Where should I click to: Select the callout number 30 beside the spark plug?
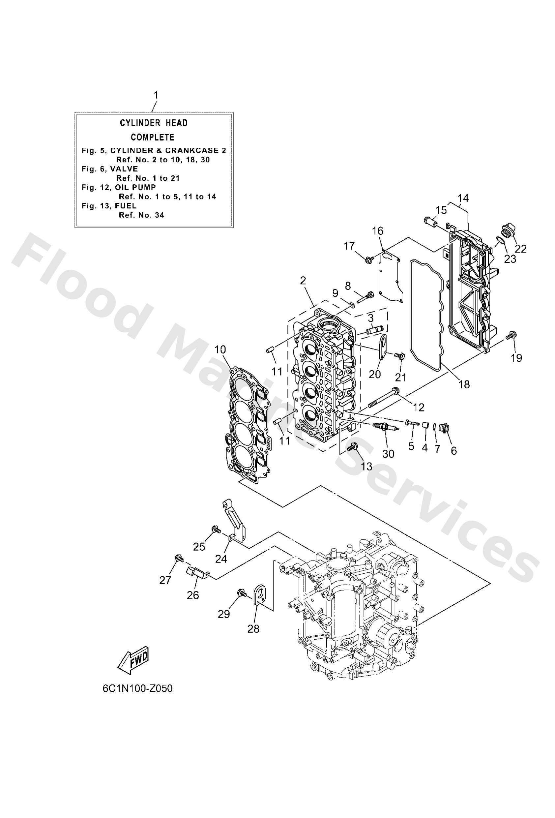coord(388,454)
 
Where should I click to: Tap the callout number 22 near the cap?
coord(520,249)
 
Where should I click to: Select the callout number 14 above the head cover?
coord(463,198)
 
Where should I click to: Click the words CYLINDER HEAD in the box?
coord(154,123)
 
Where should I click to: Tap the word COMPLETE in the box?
coord(152,137)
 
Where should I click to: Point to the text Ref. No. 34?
coord(141,215)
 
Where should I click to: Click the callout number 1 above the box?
coord(156,95)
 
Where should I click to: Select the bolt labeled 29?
coord(242,592)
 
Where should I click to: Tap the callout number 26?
coord(193,595)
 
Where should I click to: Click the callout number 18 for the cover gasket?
coord(464,384)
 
